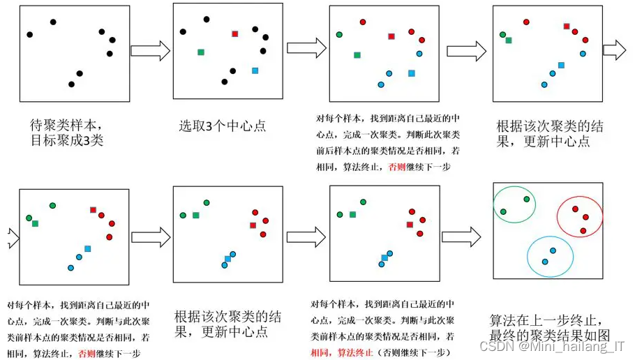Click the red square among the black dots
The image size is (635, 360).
[x=235, y=33]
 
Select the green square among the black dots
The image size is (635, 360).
[x=201, y=52]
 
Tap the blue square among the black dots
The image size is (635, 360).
[x=255, y=70]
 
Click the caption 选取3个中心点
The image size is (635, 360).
[x=222, y=126]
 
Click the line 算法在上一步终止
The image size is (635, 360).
[x=546, y=320]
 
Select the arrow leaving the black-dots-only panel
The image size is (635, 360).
[x=150, y=51]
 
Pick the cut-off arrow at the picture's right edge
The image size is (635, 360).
[x=615, y=50]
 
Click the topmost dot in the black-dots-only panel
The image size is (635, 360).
[x=53, y=22]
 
